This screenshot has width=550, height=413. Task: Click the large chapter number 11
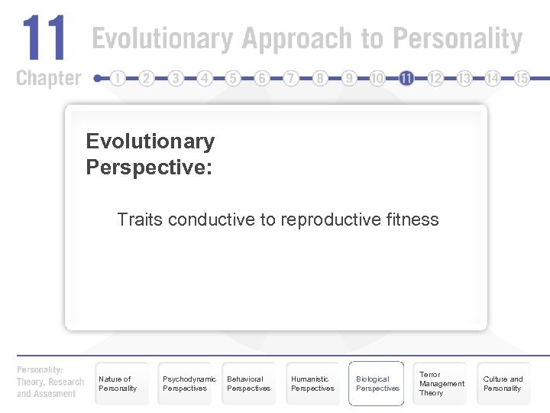pyautogui.click(x=44, y=39)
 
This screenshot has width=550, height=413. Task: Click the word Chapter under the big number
pyautogui.click(x=48, y=78)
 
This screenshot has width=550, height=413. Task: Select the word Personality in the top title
pyautogui.click(x=458, y=39)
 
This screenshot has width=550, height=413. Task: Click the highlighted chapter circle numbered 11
pyautogui.click(x=406, y=78)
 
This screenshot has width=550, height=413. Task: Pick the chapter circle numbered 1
pyautogui.click(x=118, y=78)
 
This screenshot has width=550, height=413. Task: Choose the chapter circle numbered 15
pyautogui.click(x=522, y=78)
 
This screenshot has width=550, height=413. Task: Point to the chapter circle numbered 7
pyautogui.click(x=291, y=78)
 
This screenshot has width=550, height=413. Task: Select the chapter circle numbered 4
pyautogui.click(x=204, y=78)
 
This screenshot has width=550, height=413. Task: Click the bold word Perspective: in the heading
pyautogui.click(x=149, y=167)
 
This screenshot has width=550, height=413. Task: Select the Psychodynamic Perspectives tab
pyautogui.click(x=185, y=383)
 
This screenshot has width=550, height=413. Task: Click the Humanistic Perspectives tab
pyautogui.click(x=312, y=383)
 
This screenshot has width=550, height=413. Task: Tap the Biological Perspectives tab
pyautogui.click(x=377, y=383)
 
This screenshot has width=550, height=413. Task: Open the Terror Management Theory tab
pyautogui.click(x=441, y=383)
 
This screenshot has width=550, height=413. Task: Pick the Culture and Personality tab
pyautogui.click(x=503, y=383)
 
